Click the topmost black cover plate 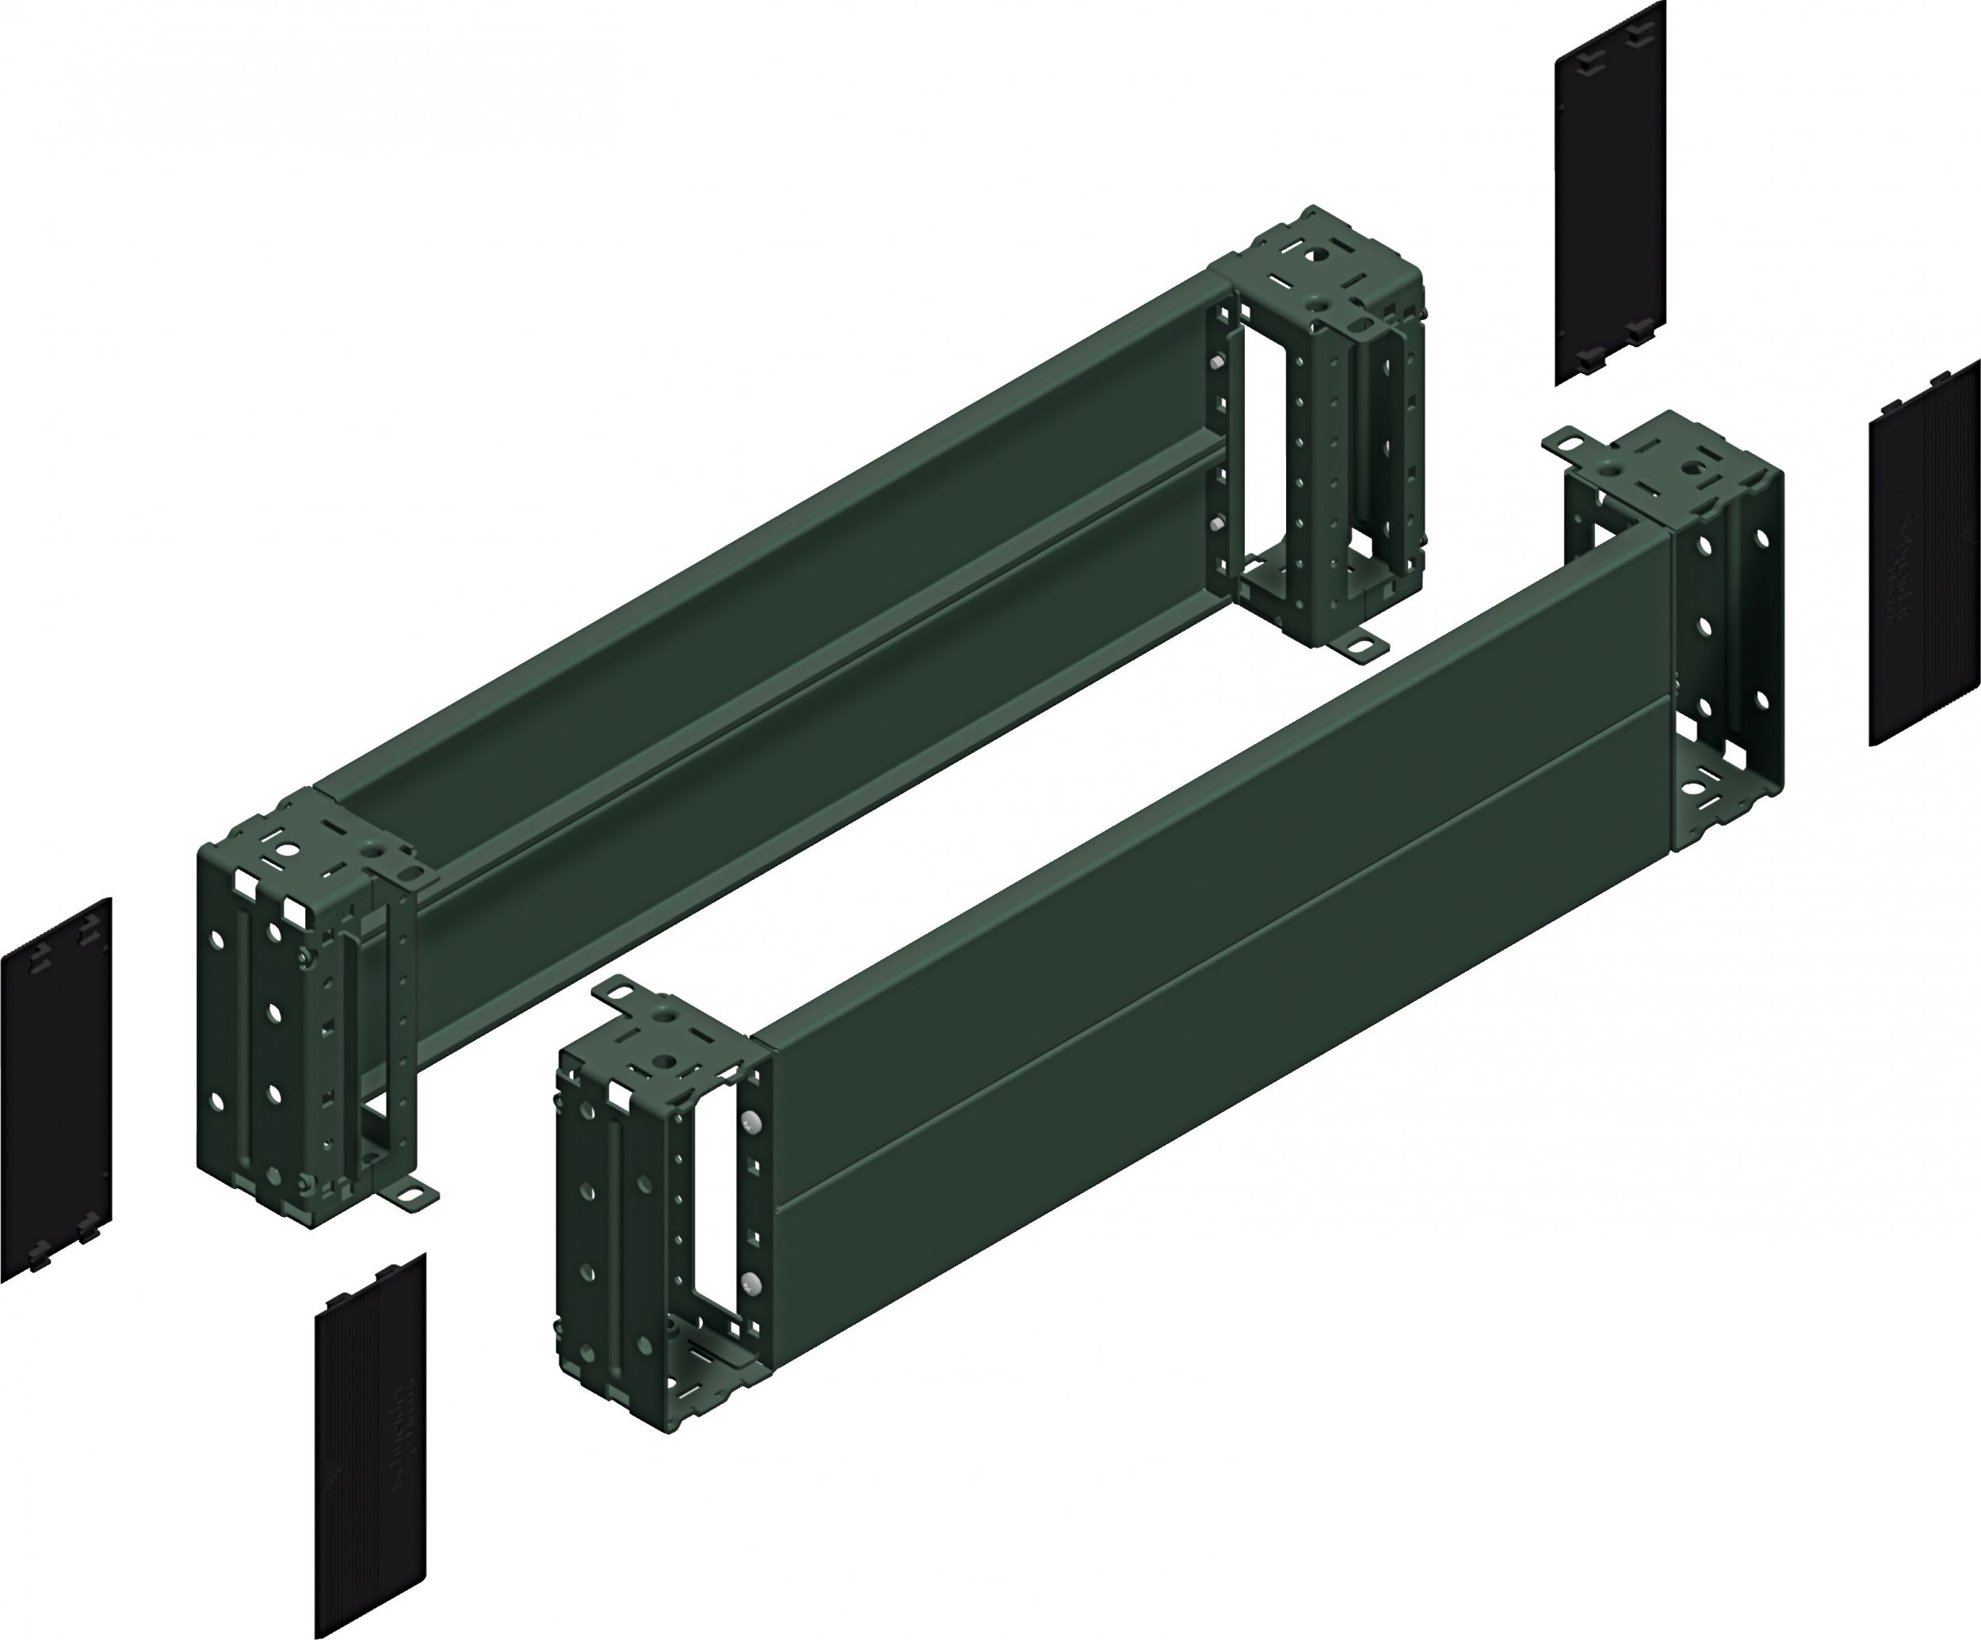coord(1610,193)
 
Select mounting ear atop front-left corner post coord(613,991)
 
